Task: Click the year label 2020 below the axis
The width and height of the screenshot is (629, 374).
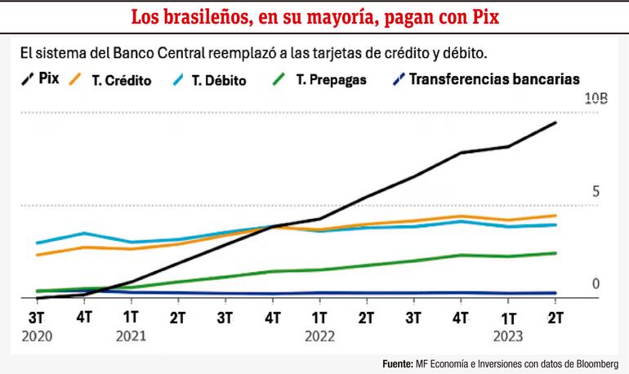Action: (37, 335)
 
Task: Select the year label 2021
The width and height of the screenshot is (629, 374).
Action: (131, 335)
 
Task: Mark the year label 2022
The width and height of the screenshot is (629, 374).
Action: (319, 335)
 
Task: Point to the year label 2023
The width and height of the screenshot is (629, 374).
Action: (508, 335)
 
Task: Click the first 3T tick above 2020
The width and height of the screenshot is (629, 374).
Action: (36, 316)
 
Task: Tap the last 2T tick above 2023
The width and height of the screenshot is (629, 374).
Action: (556, 316)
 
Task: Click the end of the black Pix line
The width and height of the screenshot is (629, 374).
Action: (556, 122)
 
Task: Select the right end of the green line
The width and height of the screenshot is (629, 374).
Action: (556, 253)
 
